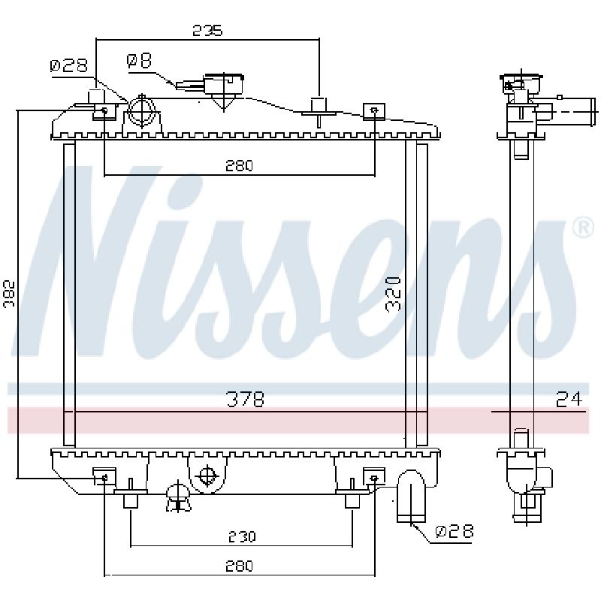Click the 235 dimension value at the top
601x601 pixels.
pyautogui.click(x=207, y=30)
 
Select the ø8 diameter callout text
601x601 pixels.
pyautogui.click(x=139, y=61)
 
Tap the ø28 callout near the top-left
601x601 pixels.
pyautogui.click(x=68, y=65)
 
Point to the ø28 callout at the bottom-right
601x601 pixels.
pyautogui.click(x=455, y=531)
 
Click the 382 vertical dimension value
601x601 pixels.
pyautogui.click(x=9, y=293)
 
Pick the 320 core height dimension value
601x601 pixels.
pyautogui.click(x=394, y=294)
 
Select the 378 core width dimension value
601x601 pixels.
pyautogui.click(x=246, y=399)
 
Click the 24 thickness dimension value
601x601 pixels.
pyautogui.click(x=569, y=399)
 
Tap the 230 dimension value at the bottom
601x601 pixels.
pyautogui.click(x=241, y=536)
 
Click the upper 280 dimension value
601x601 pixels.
pyautogui.click(x=239, y=165)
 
